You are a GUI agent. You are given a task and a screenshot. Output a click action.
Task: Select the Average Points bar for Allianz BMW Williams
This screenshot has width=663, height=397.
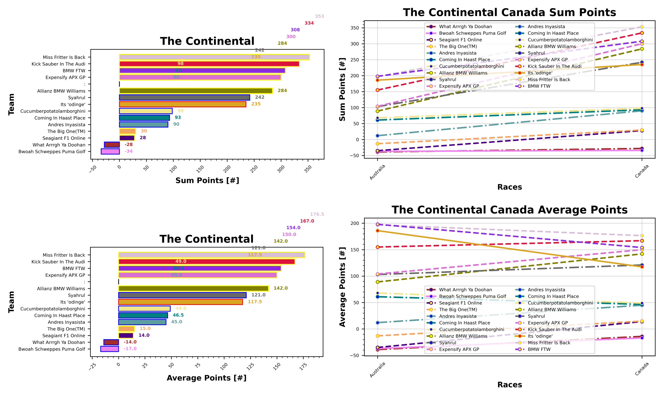coord(193,288)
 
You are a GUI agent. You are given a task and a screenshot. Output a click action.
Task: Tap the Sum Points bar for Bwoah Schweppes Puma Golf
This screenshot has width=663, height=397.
coord(110,151)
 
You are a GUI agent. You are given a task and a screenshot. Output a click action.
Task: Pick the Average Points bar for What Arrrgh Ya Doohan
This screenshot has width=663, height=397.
coord(111,342)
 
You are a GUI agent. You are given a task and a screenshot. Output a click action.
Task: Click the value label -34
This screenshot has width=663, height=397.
coord(129,151)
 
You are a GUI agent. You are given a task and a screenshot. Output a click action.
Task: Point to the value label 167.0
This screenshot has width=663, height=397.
coord(307,221)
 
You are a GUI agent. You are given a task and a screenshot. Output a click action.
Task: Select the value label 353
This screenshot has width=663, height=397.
coord(319,16)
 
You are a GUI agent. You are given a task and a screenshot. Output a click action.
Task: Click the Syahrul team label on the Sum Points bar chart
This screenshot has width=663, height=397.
coord(76,98)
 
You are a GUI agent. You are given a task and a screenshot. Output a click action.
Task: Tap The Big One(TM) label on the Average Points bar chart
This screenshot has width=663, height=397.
coord(66,329)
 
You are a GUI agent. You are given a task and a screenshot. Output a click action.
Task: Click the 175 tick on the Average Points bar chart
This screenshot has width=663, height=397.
coord(303,367)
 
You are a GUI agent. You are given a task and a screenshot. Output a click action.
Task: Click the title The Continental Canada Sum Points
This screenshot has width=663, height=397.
coord(509,13)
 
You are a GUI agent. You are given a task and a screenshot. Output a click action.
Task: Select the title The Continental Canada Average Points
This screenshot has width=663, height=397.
coord(509,210)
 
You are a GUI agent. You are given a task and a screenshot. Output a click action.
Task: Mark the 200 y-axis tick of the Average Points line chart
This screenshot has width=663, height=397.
coord(355,223)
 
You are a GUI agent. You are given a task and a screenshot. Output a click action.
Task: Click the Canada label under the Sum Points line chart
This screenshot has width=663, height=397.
coord(642,171)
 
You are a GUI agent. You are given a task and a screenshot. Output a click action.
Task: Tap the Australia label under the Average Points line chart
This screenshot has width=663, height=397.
coord(377,369)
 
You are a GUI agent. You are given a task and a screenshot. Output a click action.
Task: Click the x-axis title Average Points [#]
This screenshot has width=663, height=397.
coord(206,378)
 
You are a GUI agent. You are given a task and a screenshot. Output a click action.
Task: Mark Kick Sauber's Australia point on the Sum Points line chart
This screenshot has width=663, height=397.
coord(377,90)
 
